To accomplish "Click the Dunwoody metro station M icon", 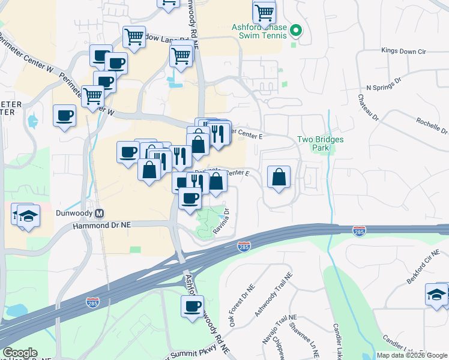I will [100, 213].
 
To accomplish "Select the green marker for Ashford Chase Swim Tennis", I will [295, 30].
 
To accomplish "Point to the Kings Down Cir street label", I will [403, 52].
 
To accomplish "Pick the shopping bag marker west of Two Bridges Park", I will [279, 177].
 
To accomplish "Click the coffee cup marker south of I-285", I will [192, 307].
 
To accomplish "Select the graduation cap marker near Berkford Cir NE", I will [437, 294].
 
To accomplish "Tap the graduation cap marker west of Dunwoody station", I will [27, 215].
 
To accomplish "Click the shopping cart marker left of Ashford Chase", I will [264, 12].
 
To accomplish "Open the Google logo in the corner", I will [20, 353].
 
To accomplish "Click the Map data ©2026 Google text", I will [412, 355].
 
